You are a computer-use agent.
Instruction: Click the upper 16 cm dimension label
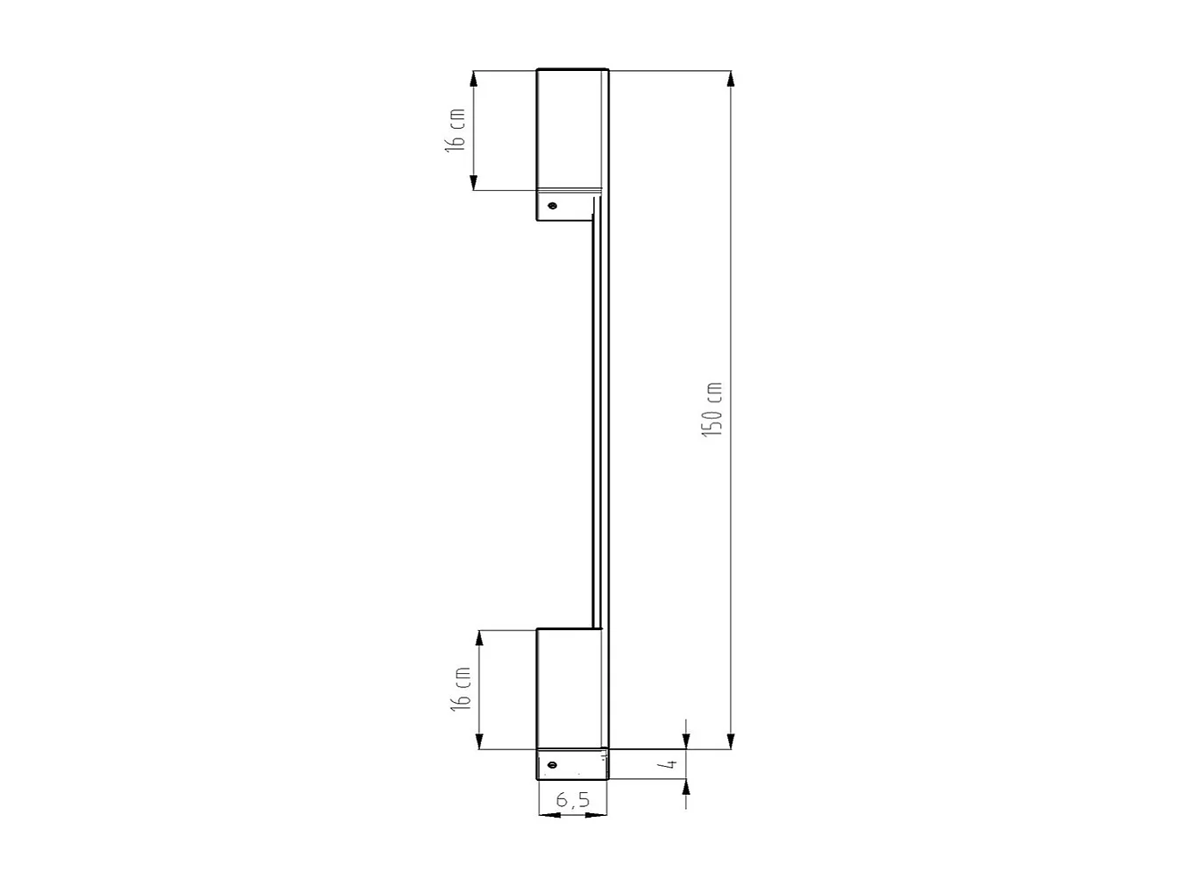coord(455,130)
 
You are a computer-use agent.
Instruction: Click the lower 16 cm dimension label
coord(461,689)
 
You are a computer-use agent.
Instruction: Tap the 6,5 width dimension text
coord(572,799)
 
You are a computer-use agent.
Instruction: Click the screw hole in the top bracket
coord(552,207)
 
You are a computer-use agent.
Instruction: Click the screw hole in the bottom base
coord(551,765)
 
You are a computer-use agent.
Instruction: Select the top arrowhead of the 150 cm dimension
coord(731,79)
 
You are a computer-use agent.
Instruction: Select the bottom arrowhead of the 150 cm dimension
coord(731,741)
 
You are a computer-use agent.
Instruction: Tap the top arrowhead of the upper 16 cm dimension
coord(473,79)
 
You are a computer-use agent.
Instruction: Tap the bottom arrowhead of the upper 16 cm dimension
coord(473,181)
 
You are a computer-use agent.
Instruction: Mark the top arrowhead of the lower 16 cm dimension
coord(479,639)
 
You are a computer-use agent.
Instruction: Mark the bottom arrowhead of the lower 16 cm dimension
coord(479,741)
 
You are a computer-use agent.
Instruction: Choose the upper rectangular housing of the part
coord(571,129)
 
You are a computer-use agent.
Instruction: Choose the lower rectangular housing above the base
coord(570,688)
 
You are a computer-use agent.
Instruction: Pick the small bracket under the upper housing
coord(564,206)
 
